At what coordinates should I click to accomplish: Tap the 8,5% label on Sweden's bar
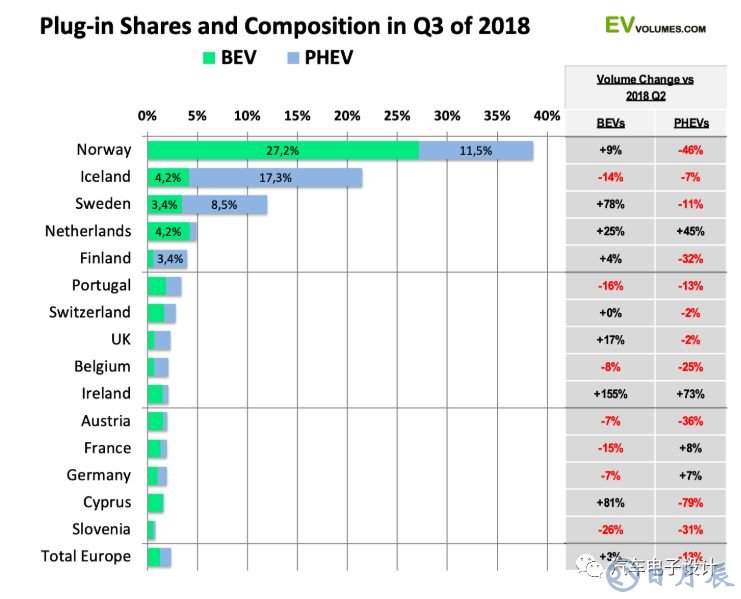[x=224, y=204]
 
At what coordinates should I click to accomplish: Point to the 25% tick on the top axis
[x=397, y=116]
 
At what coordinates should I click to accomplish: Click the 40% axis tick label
[x=547, y=116]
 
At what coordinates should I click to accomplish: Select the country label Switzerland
[x=90, y=312]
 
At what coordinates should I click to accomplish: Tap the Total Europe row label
[x=85, y=555]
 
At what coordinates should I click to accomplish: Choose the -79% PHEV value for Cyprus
[x=690, y=502]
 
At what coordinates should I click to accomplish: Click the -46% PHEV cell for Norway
[x=690, y=150]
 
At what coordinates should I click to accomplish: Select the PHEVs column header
[x=690, y=123]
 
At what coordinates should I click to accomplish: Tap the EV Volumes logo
[x=655, y=25]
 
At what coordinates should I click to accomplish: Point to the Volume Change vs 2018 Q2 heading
[x=645, y=86]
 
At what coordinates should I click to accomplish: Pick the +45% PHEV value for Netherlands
[x=690, y=231]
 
